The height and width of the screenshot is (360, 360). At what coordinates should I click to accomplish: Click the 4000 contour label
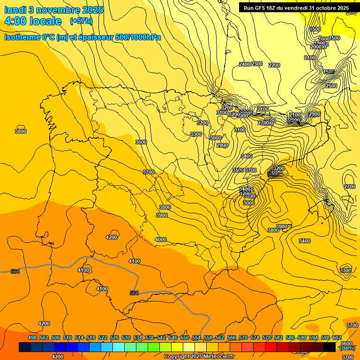tap(160, 240)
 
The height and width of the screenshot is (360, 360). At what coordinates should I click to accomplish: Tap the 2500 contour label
tap(331, 86)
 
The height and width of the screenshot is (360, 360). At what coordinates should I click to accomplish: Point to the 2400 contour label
tap(244, 64)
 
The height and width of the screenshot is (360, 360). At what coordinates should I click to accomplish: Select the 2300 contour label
tap(256, 64)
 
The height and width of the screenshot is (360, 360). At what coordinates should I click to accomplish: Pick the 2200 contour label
tap(274, 65)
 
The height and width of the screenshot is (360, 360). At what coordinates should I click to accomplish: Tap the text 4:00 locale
tap(33, 21)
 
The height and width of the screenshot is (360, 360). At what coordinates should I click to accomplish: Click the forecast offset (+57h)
tap(81, 21)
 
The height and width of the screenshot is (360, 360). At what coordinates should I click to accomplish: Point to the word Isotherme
tap(22, 37)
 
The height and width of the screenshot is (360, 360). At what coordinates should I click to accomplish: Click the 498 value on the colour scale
tap(32, 337)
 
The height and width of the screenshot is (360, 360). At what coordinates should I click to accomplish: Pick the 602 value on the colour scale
tap(337, 337)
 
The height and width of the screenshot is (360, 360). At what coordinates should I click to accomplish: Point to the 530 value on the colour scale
tap(126, 337)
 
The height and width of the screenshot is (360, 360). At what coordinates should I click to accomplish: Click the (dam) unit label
tap(346, 348)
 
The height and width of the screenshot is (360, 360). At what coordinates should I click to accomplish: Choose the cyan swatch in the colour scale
tap(119, 347)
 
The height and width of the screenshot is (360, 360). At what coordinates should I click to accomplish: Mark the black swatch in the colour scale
tap(330, 347)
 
